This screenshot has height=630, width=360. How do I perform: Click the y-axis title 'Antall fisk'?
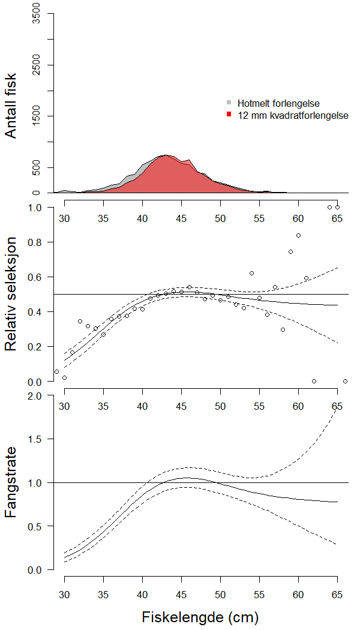point(11,106)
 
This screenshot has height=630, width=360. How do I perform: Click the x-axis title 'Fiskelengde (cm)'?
point(201,617)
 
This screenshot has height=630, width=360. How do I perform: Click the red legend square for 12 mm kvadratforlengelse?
point(229,114)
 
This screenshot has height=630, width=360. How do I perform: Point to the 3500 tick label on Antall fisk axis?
point(37,13)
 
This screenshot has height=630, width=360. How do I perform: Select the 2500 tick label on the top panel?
point(37,65)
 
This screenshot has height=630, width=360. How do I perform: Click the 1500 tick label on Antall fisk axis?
point(37,116)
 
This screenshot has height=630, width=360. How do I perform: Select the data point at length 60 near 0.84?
point(298,235)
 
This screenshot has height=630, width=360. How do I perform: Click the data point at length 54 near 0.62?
point(251,273)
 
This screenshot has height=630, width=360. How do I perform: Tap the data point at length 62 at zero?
point(314,381)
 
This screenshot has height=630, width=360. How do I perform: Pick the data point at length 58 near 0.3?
point(283,329)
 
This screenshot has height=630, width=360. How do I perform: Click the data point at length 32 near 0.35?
point(80,321)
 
